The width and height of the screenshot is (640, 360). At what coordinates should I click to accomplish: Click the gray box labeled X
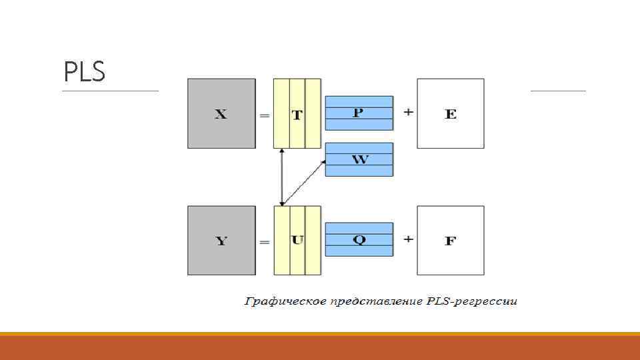pos(221,113)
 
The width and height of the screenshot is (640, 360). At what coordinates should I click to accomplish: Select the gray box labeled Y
pos(221,241)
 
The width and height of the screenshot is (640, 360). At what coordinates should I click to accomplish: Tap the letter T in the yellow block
pos(297,115)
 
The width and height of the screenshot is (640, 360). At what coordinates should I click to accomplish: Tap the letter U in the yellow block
pos(297,240)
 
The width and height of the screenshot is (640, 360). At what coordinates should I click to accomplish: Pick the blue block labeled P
pos(359,113)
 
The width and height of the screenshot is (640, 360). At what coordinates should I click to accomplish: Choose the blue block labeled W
pos(359,159)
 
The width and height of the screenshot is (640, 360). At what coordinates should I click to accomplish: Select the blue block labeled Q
pos(359,239)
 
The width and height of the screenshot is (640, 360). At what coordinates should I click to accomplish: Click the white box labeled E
pos(451,113)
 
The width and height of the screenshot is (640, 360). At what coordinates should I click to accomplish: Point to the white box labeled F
pos(451,241)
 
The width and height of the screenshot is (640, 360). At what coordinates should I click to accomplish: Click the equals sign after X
pos(264,115)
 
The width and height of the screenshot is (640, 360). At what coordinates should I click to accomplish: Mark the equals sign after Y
pos(264,242)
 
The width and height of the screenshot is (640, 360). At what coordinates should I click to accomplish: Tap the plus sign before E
pos(408,112)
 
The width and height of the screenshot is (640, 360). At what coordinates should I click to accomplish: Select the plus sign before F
pos(408,239)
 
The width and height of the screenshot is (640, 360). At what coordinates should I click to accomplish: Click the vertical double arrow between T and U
pos(282,177)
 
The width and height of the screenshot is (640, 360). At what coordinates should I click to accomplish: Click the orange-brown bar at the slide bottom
pos(320,347)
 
